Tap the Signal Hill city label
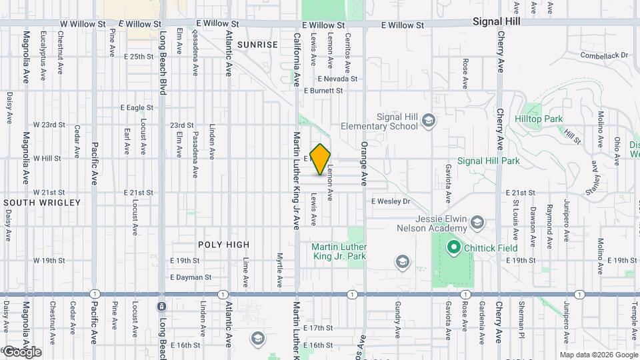[496, 21]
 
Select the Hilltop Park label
[539, 119]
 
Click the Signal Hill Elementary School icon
[428, 120]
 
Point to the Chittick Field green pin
[454, 248]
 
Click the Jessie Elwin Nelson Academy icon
[477, 221]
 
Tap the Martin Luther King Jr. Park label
[339, 251]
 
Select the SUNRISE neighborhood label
[257, 45]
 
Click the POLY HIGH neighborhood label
[223, 245]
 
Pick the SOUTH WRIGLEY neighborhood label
[42, 203]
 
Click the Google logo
[21, 352]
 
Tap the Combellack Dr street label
[605, 55]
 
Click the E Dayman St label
[191, 277]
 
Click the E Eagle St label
[137, 107]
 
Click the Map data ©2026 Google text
[599, 355]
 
